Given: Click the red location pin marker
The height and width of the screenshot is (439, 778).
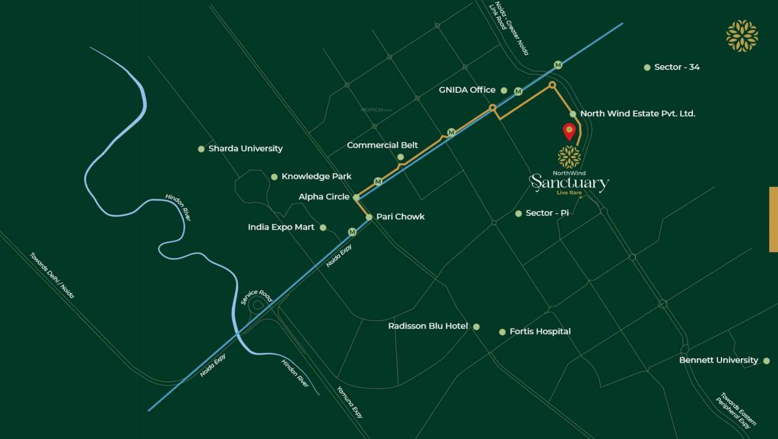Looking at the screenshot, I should tap(569, 131).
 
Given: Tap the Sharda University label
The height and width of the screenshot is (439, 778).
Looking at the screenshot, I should tap(245, 148).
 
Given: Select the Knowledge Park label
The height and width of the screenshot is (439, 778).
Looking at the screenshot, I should tap(316, 176).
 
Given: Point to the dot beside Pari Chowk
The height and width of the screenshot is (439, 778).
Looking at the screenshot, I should tap(369, 217).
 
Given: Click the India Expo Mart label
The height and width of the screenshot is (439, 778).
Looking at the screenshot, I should tap(281, 227).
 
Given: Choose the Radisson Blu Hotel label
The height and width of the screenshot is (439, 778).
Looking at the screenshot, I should tap(428, 326).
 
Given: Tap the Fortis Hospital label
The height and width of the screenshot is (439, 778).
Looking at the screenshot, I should tap(540, 331).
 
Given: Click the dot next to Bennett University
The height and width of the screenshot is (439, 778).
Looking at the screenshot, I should tap(766, 361).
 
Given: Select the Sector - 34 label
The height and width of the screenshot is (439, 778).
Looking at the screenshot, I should tap(677, 67).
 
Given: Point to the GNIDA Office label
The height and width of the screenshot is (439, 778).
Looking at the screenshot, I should tap(467, 90).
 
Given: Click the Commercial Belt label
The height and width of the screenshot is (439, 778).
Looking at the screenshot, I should tap(382, 145).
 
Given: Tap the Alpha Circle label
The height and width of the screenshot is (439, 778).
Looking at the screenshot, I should tap(324, 197).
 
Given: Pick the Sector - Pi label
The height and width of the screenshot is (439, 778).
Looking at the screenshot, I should tap(547, 213).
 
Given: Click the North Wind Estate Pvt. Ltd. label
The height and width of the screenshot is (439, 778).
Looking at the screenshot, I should tap(638, 113).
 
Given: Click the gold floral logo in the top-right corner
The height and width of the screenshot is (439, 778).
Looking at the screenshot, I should tap(742, 36).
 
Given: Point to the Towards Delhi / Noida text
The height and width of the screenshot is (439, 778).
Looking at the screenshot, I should tap(52, 275).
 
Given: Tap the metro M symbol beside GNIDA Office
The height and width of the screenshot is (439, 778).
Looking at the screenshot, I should tap(518, 91).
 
